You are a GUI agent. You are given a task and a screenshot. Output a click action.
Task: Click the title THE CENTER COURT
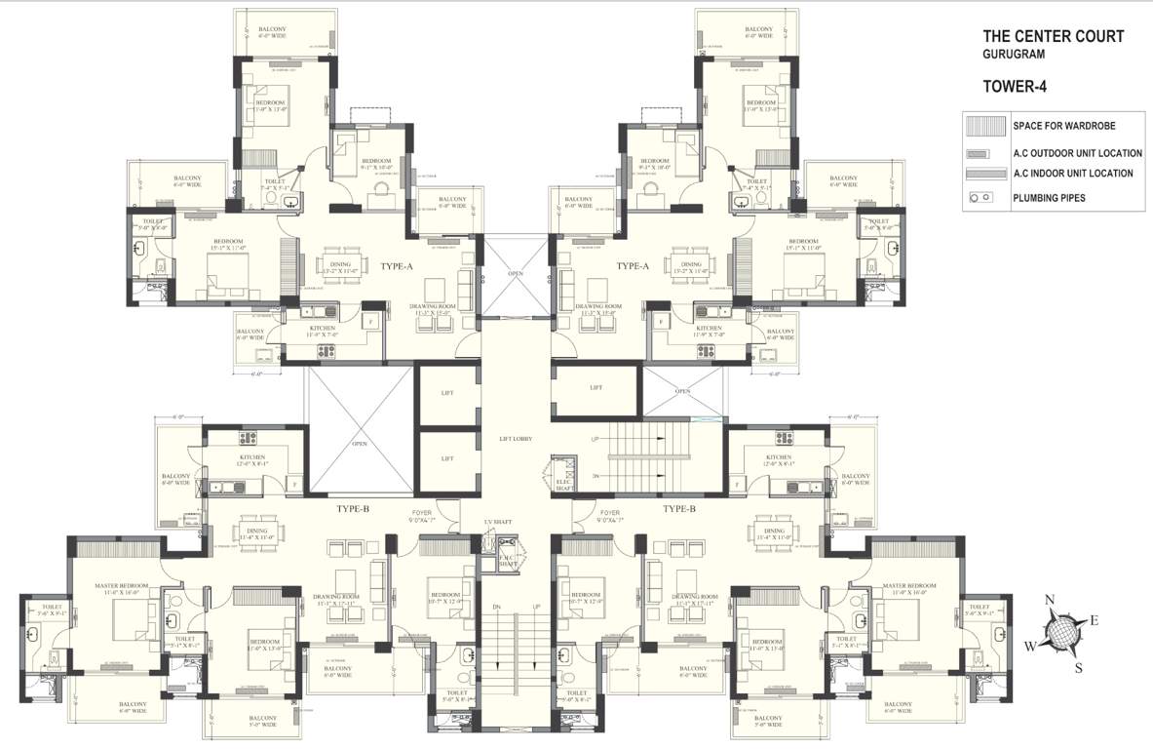(1054, 37)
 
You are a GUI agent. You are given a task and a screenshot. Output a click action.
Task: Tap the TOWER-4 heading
(1015, 87)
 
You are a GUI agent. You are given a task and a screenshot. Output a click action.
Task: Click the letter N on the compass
(1050, 601)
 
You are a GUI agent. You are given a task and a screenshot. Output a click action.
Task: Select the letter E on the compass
(1094, 620)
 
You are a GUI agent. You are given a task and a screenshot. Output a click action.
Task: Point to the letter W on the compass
(1030, 646)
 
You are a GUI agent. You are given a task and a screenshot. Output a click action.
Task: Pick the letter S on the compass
(1078, 668)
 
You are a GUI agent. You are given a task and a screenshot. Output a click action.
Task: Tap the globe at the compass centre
(1062, 634)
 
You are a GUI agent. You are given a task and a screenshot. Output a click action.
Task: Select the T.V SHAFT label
(498, 523)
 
